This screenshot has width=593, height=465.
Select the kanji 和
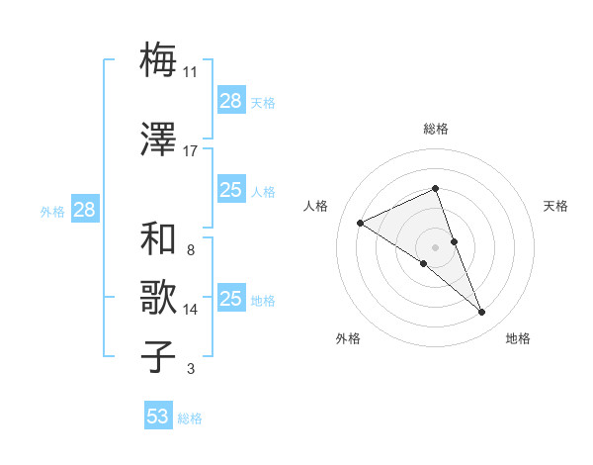[x=159, y=238]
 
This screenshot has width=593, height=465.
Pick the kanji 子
[x=159, y=357]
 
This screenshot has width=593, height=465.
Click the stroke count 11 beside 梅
[x=191, y=72]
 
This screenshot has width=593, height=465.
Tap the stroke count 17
[x=191, y=151]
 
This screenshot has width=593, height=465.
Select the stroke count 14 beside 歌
[x=191, y=310]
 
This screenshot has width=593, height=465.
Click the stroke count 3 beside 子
[x=190, y=369]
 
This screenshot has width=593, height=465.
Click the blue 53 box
[x=158, y=417]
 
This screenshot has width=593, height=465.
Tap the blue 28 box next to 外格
[x=84, y=210]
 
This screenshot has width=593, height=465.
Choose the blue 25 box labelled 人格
[x=230, y=190]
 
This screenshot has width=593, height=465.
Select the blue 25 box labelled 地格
[x=230, y=299]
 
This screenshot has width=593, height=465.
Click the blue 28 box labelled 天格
[x=230, y=101]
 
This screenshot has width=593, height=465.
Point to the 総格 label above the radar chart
[x=436, y=129]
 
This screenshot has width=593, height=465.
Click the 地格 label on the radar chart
[x=518, y=338]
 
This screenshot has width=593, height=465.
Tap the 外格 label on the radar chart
[x=348, y=338]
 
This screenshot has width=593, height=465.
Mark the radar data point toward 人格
[x=361, y=223]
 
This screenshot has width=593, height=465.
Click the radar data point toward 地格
[x=482, y=313]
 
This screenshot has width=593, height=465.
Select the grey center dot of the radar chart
[x=436, y=246]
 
